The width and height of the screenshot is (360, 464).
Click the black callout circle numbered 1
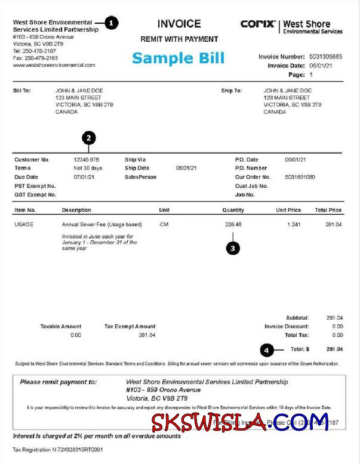[x=112, y=23]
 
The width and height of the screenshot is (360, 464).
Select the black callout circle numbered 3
[x=233, y=247]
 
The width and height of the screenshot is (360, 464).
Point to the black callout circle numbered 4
[x=267, y=349]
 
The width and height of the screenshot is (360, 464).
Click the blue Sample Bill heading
[x=178, y=58]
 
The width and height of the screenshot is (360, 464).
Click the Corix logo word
[x=258, y=24]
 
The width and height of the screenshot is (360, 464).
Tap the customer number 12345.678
[x=86, y=160]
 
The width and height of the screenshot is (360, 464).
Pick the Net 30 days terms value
[x=88, y=168]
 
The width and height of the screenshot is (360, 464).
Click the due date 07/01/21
[x=84, y=177]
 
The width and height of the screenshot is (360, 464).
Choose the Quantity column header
[x=233, y=210]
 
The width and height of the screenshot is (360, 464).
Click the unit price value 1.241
[x=293, y=224]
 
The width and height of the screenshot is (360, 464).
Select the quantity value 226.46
[x=233, y=224]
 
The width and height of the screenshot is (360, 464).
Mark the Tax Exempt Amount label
[x=130, y=326]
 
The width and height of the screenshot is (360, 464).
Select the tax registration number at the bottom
[x=58, y=449]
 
